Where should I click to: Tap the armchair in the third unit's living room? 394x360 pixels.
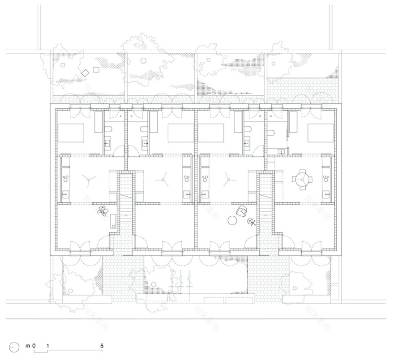pos(242,211)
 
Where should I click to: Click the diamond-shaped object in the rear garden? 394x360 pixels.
pos(85,73)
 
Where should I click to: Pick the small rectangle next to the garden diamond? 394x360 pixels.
pos(95,69)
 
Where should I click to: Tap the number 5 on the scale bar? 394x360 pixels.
pos(102,346)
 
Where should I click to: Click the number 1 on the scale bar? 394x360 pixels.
pos(47,346)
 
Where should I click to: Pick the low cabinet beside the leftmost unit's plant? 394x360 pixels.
pos(113,221)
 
